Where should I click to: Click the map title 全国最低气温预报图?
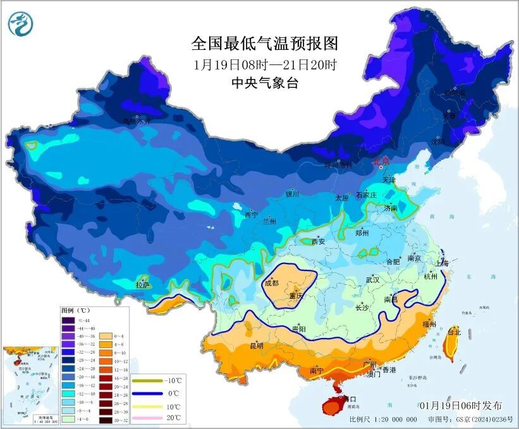[x=265, y=44]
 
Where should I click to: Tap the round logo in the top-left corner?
[x=21, y=24]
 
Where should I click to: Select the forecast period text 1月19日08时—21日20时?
[x=265, y=64]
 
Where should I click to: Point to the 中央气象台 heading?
[x=265, y=83]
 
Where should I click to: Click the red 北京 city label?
[x=382, y=162]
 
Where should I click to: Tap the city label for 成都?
[x=272, y=284]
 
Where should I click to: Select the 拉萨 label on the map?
[x=142, y=285]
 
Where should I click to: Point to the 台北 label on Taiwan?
[x=455, y=331]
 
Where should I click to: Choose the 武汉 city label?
[x=372, y=279]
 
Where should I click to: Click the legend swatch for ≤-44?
[x=68, y=320]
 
